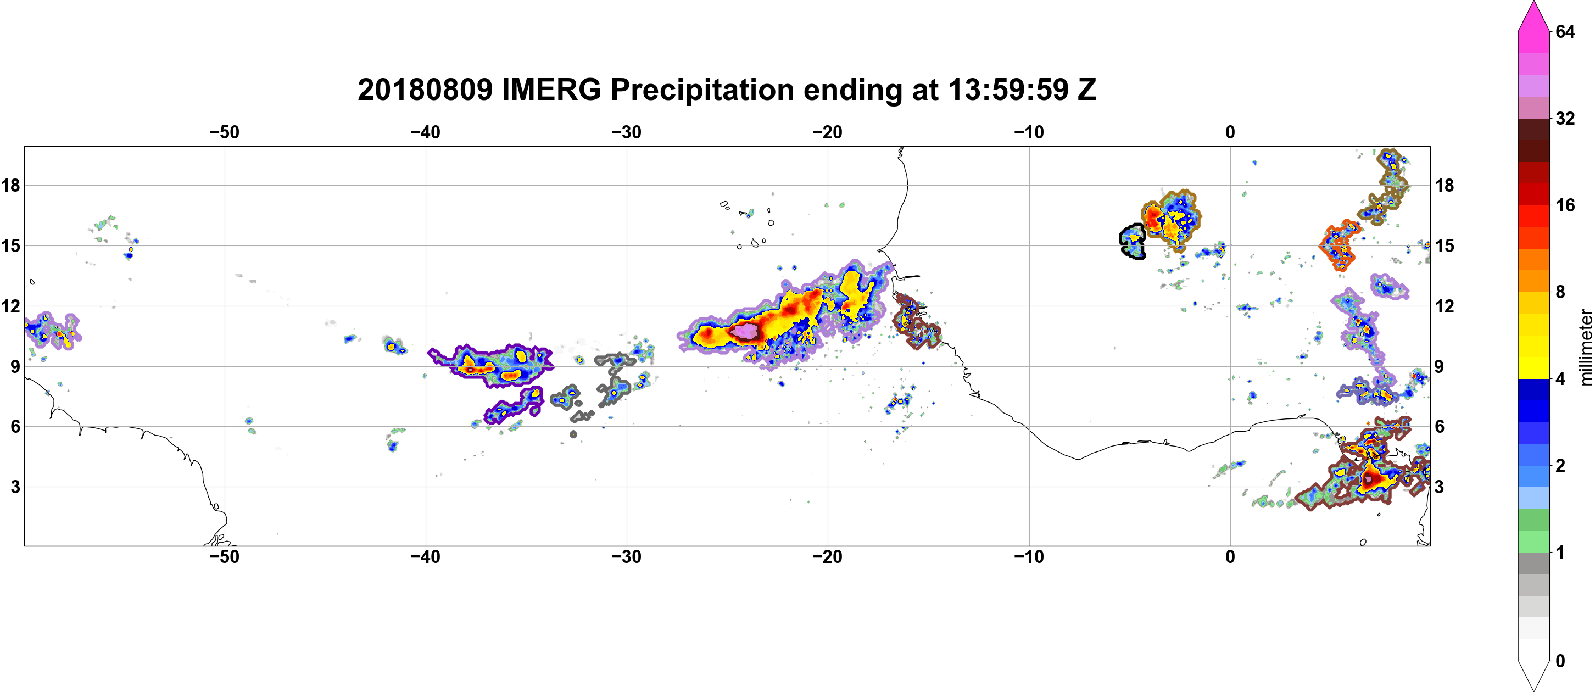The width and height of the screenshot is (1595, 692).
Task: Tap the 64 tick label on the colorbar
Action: (x=1565, y=31)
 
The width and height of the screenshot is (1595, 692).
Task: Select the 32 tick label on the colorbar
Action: (x=1565, y=118)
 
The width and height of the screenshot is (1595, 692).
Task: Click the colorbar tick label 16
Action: (x=1565, y=205)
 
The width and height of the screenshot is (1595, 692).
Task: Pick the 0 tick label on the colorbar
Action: (x=1560, y=661)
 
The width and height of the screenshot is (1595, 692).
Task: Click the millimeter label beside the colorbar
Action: (x=1586, y=348)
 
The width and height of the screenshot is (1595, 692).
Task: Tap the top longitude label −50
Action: (x=224, y=132)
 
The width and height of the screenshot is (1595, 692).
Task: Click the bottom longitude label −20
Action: (x=828, y=557)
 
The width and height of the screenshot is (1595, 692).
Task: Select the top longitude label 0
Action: (x=1230, y=132)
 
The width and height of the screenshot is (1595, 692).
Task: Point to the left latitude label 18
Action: (x=10, y=185)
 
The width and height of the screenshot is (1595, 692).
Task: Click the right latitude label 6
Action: (x=1440, y=427)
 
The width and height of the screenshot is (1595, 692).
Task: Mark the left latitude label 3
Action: (x=15, y=487)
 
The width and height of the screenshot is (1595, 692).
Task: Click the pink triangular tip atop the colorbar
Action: (x=1533, y=15)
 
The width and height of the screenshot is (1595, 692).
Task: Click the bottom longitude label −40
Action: (x=425, y=557)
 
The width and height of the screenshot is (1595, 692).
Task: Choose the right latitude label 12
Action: (x=1445, y=306)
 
